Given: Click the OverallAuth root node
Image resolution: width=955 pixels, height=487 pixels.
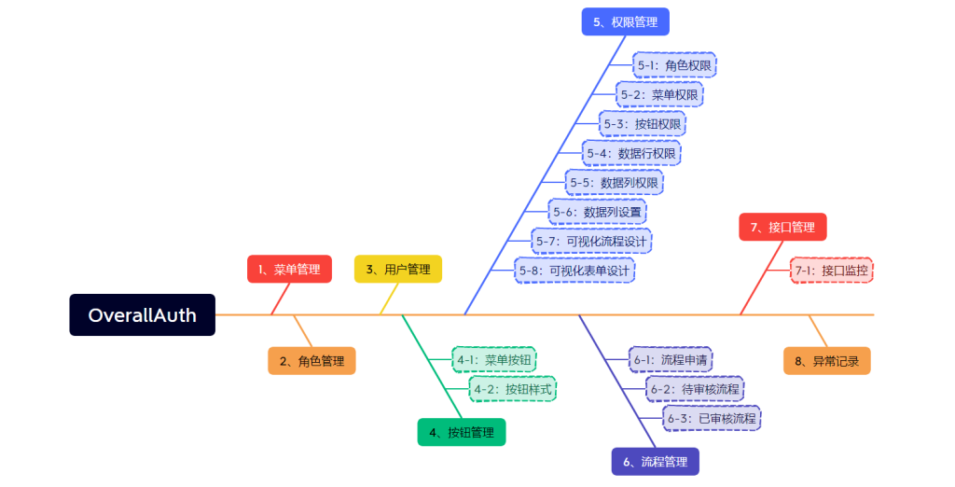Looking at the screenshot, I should (x=142, y=315).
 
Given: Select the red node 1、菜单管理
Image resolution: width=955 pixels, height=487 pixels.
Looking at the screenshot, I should (x=289, y=270).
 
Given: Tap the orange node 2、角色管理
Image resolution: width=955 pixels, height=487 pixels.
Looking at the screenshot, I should (x=311, y=361).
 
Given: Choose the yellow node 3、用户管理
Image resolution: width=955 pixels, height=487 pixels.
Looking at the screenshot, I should (x=398, y=270).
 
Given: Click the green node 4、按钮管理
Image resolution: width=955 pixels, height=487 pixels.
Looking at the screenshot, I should (x=462, y=432).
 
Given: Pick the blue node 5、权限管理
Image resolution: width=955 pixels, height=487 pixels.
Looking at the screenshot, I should (x=626, y=21).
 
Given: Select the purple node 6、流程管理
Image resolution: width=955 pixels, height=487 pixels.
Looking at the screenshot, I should (x=655, y=461).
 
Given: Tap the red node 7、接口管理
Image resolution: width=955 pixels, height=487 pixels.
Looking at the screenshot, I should (x=782, y=227).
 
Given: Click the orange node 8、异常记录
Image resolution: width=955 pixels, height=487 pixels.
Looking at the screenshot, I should (x=826, y=361).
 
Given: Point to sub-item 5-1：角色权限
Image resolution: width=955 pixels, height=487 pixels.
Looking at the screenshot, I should (x=674, y=65).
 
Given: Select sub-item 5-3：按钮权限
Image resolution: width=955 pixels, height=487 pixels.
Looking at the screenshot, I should (x=644, y=123).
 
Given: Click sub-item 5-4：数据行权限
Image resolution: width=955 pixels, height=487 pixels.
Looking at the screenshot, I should (x=631, y=152).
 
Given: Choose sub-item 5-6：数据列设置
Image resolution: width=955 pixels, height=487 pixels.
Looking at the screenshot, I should (x=597, y=212).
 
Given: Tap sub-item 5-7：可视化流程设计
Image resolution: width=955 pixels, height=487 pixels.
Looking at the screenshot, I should (x=591, y=241).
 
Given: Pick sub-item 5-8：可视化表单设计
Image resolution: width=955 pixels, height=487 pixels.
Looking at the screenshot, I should (x=574, y=271).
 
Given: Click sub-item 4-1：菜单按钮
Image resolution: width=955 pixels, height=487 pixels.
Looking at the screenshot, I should (x=494, y=359).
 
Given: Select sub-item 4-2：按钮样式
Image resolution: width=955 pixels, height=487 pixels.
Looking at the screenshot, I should (x=512, y=388).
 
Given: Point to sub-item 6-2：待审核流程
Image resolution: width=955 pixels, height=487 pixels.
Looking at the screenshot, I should (x=694, y=388).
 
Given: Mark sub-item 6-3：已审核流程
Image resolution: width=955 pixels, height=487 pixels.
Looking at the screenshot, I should (x=712, y=418).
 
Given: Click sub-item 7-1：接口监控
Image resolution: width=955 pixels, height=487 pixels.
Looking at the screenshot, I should (x=831, y=271).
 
